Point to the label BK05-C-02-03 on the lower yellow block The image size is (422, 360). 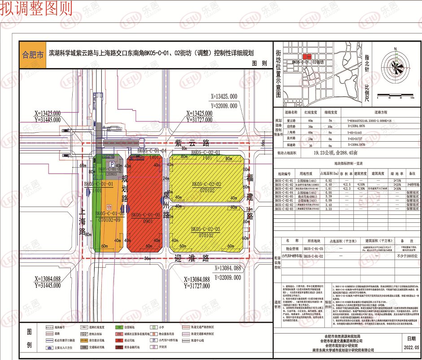pyautogui.click(x=206, y=230)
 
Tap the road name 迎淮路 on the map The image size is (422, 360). pyautogui.click(x=193, y=259)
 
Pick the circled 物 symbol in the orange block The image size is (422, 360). pyautogui.click(x=109, y=206)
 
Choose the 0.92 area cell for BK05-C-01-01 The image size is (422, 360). pyautogui.click(x=325, y=180)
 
